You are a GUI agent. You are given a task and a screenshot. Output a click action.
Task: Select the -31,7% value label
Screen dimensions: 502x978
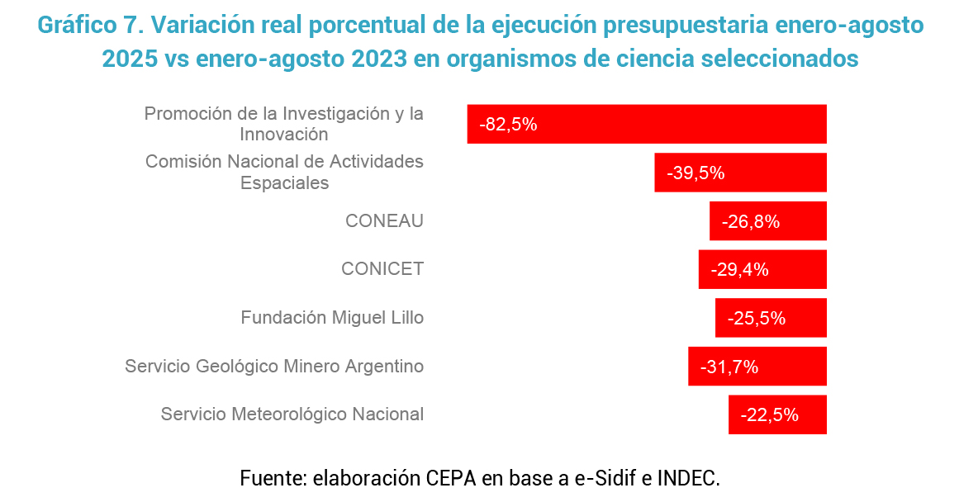pos(729,367)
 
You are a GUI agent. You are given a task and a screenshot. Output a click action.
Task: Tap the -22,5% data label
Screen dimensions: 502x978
pos(769,414)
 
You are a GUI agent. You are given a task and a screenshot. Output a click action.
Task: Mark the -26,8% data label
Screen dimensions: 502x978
pos(750,221)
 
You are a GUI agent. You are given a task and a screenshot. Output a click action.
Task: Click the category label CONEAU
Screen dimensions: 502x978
pos(384,221)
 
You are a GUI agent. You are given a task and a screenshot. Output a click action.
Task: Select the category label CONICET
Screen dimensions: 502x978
pos(382,269)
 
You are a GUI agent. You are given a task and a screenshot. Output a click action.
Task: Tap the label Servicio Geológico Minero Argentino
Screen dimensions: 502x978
pos(274,366)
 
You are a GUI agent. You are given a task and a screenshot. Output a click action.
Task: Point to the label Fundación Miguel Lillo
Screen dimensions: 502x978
pos(332,318)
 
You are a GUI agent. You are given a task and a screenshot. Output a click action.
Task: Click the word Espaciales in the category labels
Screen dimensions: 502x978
pos(284,182)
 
